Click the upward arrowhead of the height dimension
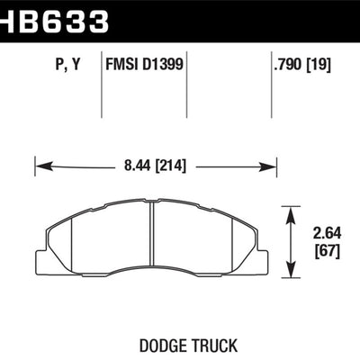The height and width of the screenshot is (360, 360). click(x=292, y=211)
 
